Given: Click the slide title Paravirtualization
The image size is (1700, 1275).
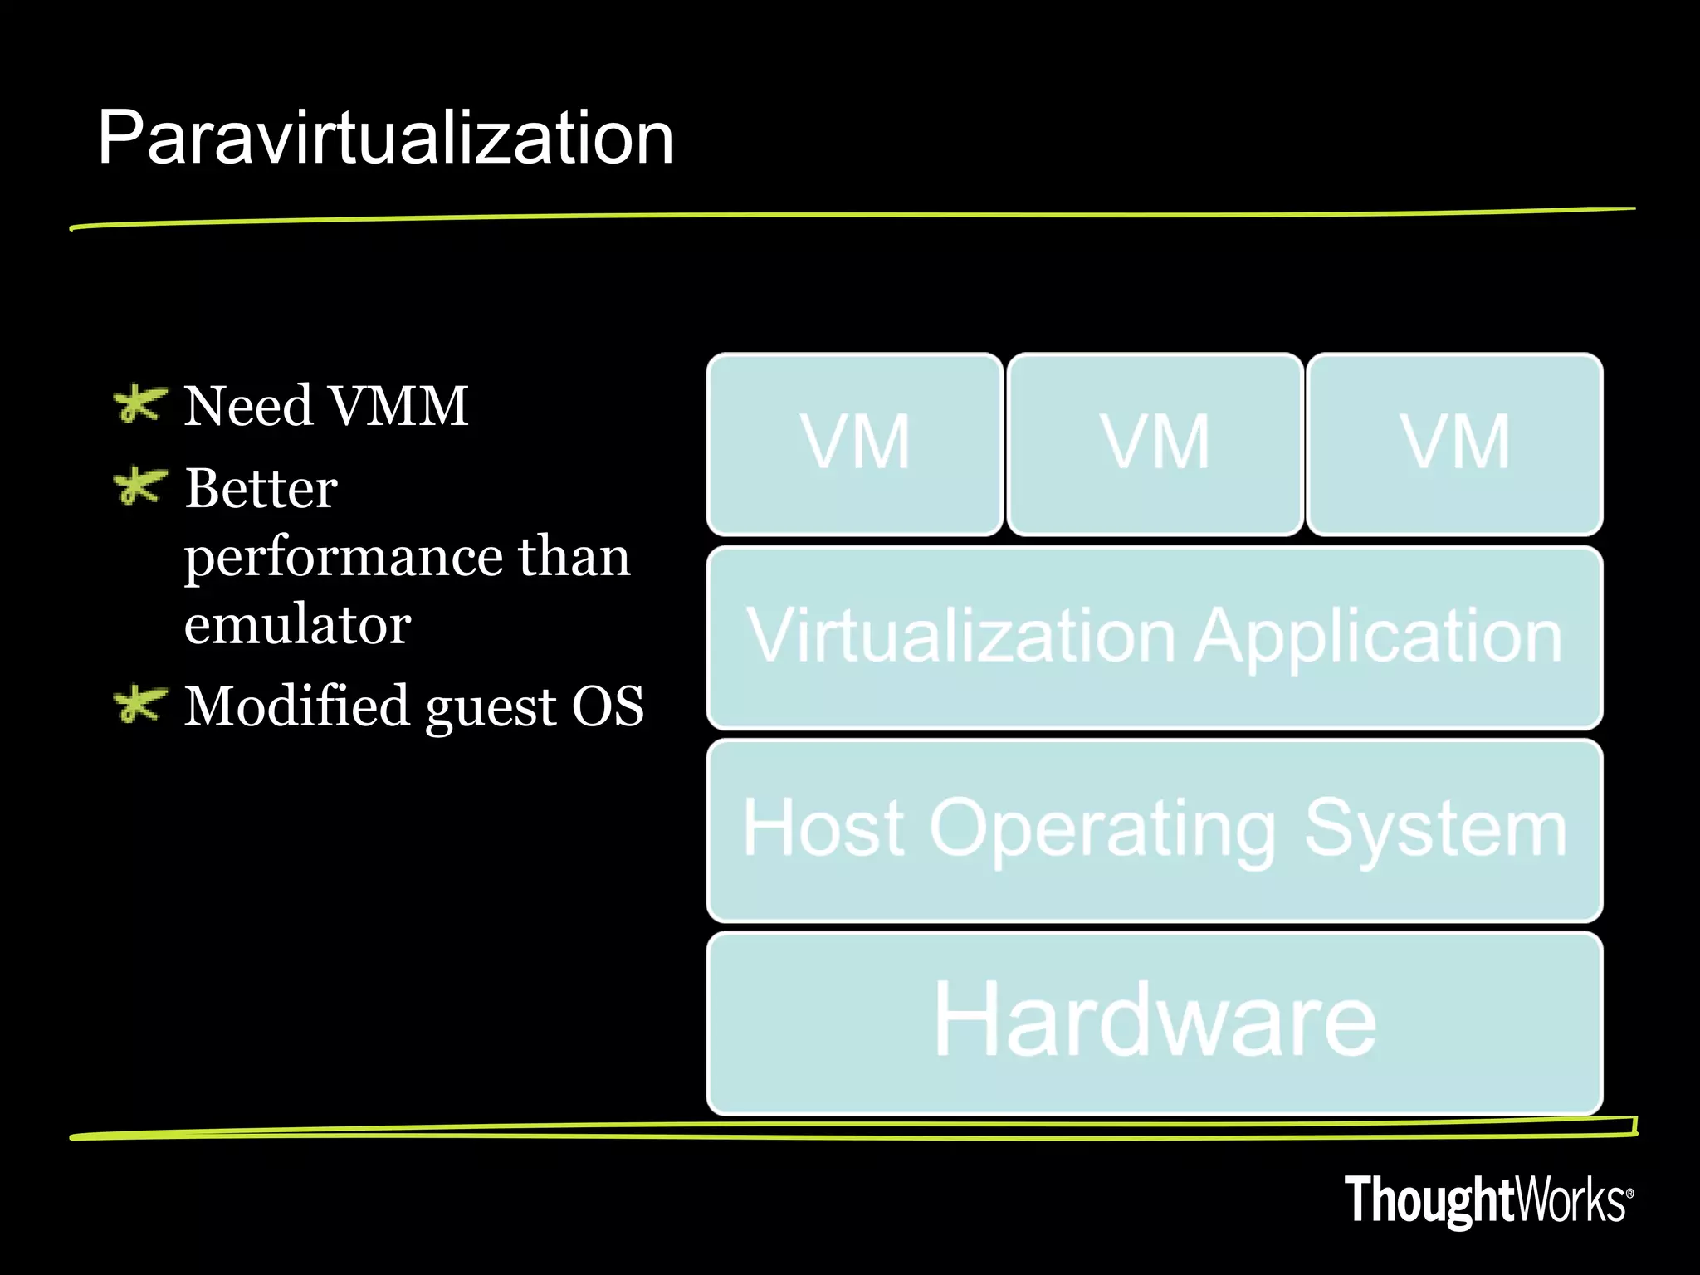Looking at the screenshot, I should coord(385,138).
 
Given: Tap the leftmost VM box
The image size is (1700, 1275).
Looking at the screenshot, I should coord(855,443).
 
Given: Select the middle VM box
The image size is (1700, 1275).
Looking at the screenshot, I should coord(1155,443).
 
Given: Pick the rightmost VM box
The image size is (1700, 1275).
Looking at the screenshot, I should coord(1454,443).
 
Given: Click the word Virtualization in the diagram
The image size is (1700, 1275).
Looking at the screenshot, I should coord(963,636).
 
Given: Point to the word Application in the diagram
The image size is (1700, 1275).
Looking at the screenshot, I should coord(1378,637).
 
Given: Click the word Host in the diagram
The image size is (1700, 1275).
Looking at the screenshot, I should coord(823,828).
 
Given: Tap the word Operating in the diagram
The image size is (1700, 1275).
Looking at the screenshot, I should coord(1103,829).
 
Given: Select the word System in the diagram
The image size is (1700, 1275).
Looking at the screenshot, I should coord(1435,829).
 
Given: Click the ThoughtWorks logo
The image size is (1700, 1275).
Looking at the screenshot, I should coord(1488,1200).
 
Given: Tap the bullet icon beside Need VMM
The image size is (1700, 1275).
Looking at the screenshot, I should coord(139,404).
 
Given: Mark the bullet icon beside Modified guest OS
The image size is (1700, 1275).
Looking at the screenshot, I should coord(139,705).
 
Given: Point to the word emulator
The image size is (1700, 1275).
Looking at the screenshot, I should coord(297,624).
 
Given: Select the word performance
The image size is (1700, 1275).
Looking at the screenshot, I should coord(343,558).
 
